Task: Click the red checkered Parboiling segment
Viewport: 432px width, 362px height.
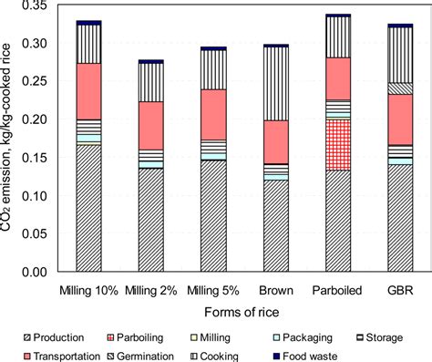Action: point(325,145)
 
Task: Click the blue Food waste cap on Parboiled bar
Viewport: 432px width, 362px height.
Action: point(325,16)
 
